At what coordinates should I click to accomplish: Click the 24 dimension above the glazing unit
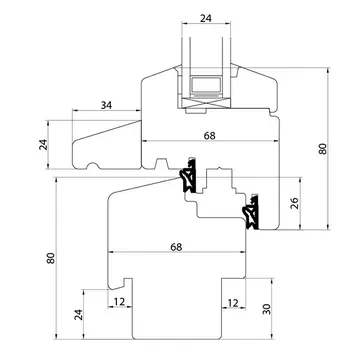(206, 18)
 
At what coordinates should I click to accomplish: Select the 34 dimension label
(106, 105)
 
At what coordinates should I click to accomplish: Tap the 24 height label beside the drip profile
(44, 145)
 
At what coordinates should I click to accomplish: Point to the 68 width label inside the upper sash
(210, 136)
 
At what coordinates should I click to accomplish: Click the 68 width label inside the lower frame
(176, 247)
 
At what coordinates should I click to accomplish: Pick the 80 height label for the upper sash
(323, 148)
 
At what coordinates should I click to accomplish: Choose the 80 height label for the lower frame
(51, 258)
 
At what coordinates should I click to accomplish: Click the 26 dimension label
(295, 203)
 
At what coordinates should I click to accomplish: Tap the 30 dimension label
(266, 309)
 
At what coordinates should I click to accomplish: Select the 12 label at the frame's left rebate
(119, 302)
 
